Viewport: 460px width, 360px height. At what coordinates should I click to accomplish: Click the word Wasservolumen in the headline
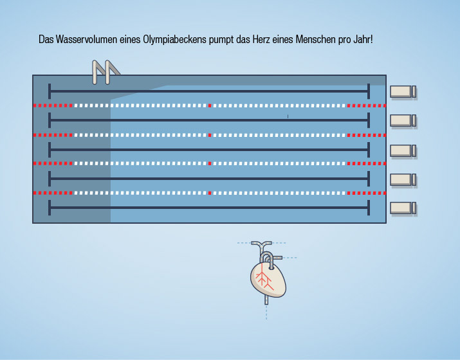pos(86,39)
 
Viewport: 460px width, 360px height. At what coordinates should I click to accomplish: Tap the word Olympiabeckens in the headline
pos(174,40)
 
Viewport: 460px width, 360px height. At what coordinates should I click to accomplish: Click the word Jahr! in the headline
pos(363,39)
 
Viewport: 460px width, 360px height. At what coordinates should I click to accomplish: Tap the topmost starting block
pos(403,91)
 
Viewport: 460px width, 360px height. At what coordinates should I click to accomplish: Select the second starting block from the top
pos(403,120)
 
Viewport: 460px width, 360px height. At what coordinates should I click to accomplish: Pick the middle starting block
pos(403,150)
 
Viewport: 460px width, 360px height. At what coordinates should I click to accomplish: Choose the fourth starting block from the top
pos(403,179)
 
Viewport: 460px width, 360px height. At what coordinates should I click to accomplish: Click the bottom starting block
pos(403,208)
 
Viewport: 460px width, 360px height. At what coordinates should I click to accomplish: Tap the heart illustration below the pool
pos(268,273)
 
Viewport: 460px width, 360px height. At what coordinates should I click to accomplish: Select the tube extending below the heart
pos(266,300)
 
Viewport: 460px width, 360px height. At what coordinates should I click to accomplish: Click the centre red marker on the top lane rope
pos(210,105)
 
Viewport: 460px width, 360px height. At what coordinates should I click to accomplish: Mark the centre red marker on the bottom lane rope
pos(210,193)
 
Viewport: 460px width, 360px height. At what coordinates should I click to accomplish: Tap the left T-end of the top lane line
pos(50,91)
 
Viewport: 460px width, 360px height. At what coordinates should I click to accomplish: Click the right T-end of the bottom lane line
pos(369,208)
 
